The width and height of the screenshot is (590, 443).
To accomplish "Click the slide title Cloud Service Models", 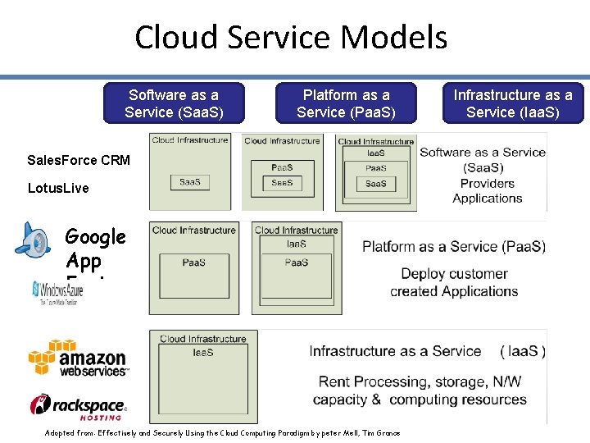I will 291,38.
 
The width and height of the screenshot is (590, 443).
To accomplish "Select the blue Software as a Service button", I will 174,103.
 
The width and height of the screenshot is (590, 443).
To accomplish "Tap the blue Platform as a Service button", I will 346,103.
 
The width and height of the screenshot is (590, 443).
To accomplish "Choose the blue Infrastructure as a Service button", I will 513,103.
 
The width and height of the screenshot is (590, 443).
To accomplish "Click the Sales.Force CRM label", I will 79,160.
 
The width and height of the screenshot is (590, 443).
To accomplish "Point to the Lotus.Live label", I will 58,188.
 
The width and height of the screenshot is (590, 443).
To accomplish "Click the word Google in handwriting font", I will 95,237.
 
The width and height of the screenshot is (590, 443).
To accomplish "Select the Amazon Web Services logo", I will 79,358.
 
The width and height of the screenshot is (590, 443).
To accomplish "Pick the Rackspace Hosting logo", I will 79,406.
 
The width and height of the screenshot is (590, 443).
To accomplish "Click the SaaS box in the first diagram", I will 189,182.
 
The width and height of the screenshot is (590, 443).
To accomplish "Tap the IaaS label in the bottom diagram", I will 202,352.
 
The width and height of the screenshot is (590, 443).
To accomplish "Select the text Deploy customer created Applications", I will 454,282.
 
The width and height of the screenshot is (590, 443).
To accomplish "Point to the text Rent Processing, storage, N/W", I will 420,381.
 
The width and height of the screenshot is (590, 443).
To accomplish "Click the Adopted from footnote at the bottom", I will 223,432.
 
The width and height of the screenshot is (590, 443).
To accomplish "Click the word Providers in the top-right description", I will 487,183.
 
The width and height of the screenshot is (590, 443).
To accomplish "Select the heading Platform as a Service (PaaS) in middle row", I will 453,246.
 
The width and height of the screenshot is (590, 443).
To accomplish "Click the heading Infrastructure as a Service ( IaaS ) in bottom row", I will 427,351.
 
